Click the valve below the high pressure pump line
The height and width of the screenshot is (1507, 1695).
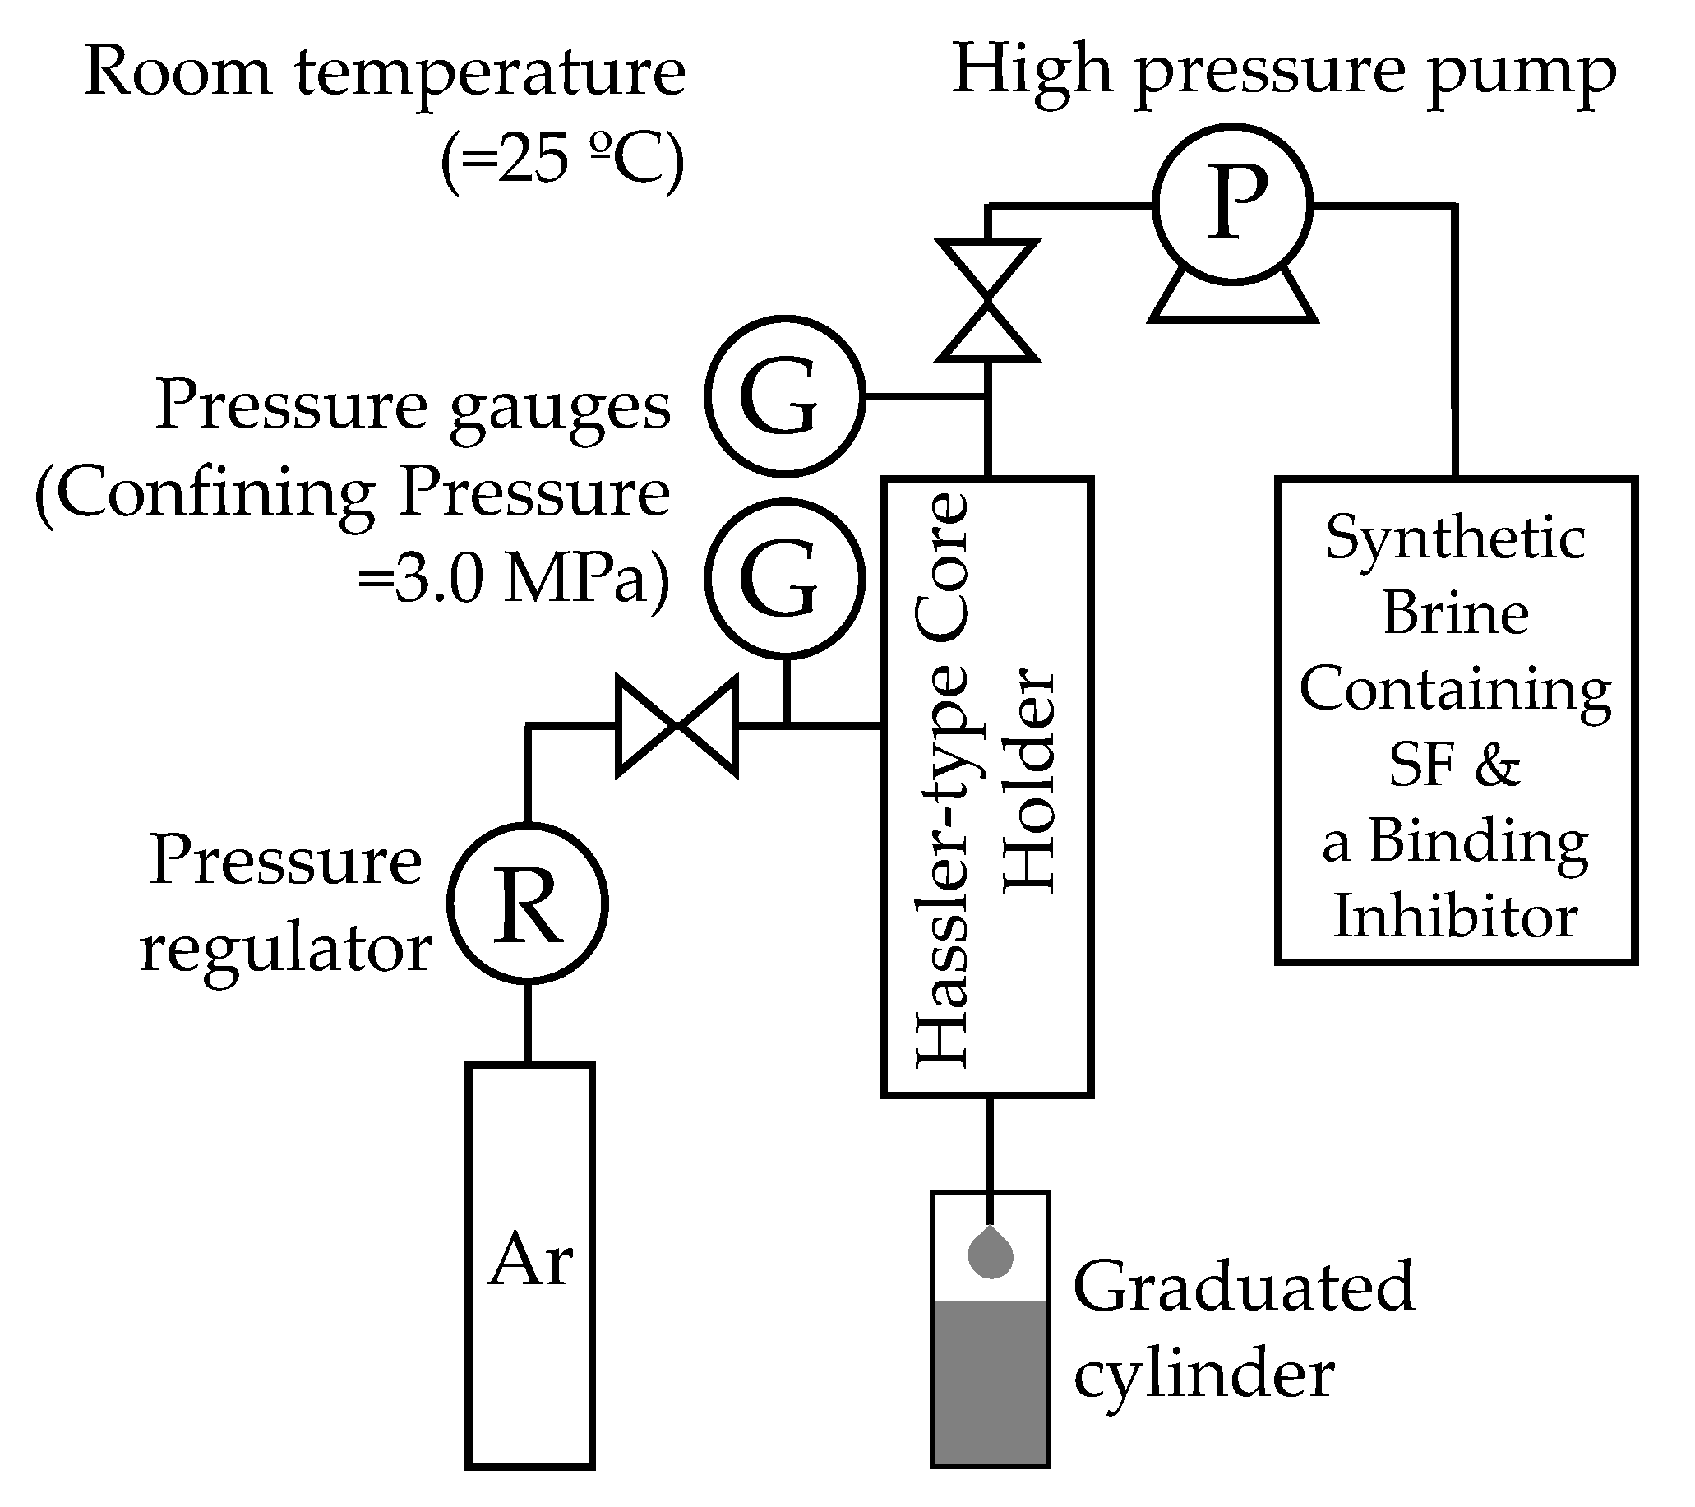[x=987, y=301]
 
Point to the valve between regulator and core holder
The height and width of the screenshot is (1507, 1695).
[x=677, y=727]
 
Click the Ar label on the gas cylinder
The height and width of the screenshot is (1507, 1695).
[x=531, y=1259]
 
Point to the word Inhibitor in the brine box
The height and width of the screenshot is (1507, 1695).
[x=1455, y=917]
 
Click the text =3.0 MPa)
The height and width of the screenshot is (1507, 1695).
[x=513, y=578]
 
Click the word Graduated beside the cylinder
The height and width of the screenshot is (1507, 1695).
[x=1244, y=1287]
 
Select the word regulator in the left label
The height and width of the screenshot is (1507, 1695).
[x=286, y=950]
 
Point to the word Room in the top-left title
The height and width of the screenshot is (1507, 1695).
[x=178, y=72]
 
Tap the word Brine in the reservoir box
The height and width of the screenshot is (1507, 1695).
[x=1455, y=614]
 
